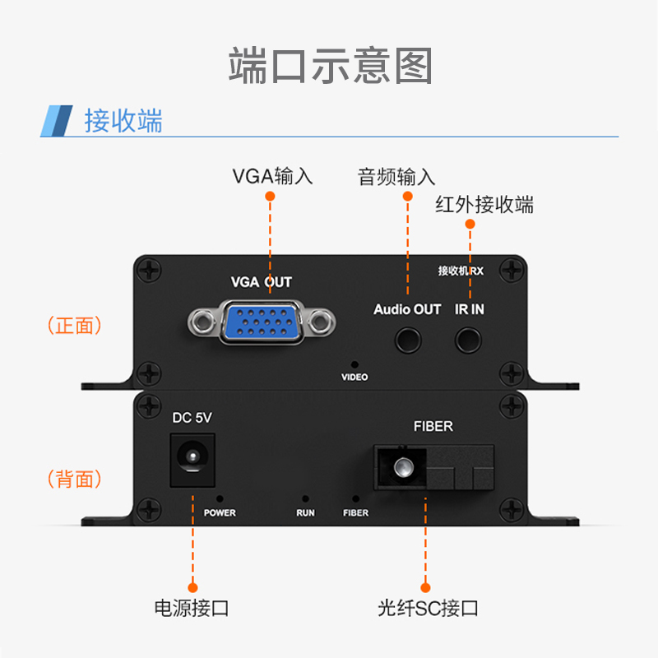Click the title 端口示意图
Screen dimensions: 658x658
(330, 66)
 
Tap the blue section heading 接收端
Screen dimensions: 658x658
(123, 120)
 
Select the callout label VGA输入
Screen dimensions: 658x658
(272, 176)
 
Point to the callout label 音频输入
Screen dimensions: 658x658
(396, 177)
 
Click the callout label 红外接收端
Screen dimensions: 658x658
(484, 204)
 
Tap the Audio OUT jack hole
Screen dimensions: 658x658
(408, 338)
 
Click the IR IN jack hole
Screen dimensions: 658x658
(470, 338)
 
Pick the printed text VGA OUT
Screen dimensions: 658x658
(262, 282)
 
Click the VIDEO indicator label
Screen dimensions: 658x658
(354, 378)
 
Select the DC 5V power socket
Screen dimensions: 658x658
(192, 456)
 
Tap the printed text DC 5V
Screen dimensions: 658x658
(192, 419)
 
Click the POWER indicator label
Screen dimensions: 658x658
(220, 513)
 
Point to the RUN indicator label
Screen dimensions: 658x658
(305, 513)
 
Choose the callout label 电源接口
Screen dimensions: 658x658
(192, 609)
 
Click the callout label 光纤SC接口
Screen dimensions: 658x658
(428, 609)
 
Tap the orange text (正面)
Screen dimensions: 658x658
(75, 326)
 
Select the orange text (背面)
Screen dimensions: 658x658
(75, 479)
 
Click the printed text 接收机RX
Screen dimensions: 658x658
(460, 270)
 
